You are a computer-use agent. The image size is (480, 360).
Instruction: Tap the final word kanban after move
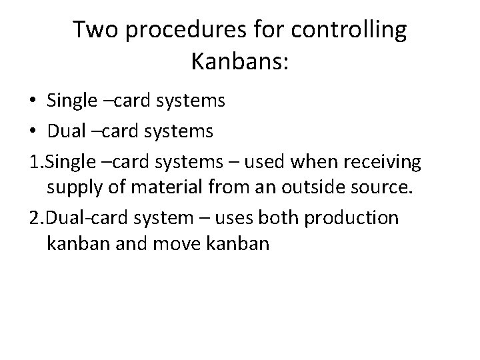[241, 245]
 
